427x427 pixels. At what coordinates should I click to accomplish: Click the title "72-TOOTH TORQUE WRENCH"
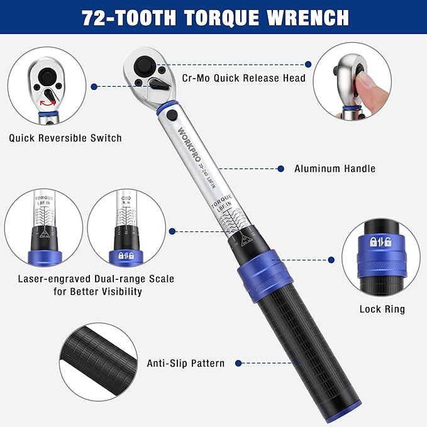pyautogui.click(x=213, y=17)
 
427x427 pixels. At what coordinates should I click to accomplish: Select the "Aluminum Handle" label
pyautogui.click(x=335, y=169)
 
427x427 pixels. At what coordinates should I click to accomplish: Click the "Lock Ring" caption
pyautogui.click(x=382, y=309)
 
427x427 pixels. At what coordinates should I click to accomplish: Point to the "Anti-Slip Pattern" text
pyautogui.click(x=186, y=363)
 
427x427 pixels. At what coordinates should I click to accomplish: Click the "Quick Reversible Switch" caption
pyautogui.click(x=65, y=138)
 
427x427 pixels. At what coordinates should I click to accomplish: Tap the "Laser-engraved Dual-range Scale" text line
pyautogui.click(x=96, y=279)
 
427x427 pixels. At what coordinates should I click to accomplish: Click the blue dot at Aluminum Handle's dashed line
pyautogui.click(x=282, y=169)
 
